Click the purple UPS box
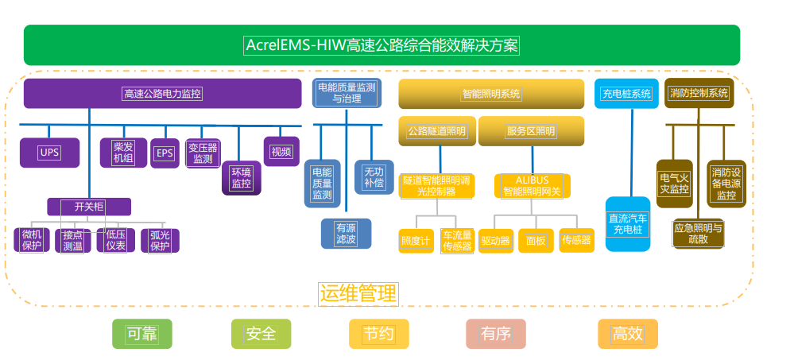(x=49, y=153)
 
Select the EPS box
(x=165, y=153)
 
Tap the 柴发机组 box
(x=123, y=153)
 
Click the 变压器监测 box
(x=203, y=153)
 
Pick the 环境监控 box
(x=242, y=178)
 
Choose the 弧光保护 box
(x=160, y=241)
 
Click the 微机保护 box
(x=32, y=240)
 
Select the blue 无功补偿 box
(x=374, y=177)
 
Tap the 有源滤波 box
(x=346, y=234)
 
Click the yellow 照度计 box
(x=416, y=241)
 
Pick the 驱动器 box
(x=496, y=241)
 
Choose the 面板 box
(x=536, y=241)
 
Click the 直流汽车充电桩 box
(x=628, y=224)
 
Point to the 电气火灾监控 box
(x=675, y=184)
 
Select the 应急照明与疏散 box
(x=699, y=234)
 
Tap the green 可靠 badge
(x=141, y=334)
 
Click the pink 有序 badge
(x=496, y=334)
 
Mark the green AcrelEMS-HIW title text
(x=382, y=45)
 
